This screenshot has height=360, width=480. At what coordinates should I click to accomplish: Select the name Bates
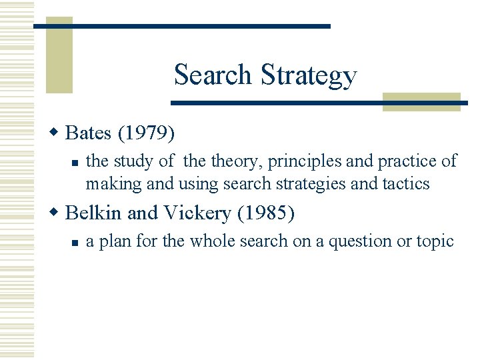[x=89, y=133]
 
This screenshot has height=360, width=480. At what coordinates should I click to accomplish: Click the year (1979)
[x=147, y=133]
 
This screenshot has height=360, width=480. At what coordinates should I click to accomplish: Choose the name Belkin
[x=94, y=213]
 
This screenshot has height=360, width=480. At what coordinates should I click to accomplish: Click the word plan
[x=115, y=241]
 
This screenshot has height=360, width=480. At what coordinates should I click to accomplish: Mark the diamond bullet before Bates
[x=57, y=133]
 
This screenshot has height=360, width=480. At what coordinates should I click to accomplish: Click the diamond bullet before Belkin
[x=57, y=213]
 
